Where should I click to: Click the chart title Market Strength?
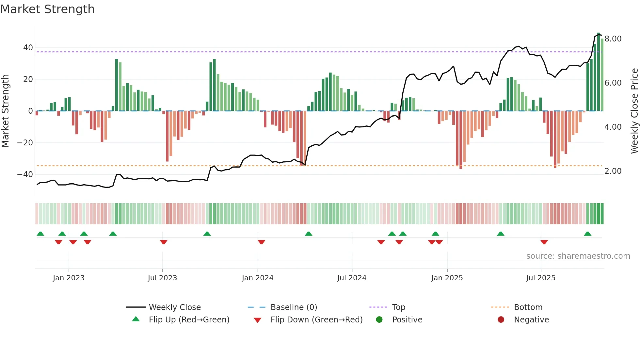[x=47, y=9]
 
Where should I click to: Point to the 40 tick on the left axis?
[x=28, y=48]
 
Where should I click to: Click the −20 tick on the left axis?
[x=25, y=143]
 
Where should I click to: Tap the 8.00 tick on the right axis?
[x=613, y=39]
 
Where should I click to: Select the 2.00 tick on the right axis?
[x=613, y=171]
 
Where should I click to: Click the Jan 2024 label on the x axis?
[x=258, y=278]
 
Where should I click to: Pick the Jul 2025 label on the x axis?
[x=541, y=278]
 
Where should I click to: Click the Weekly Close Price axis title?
[x=634, y=111]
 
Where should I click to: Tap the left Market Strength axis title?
[x=5, y=111]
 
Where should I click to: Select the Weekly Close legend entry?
[x=175, y=307]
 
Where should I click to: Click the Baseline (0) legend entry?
[x=294, y=307]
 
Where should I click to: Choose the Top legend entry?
[x=399, y=307]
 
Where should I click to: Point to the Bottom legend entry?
[x=528, y=307]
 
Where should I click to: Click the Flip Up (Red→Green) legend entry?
[x=189, y=320]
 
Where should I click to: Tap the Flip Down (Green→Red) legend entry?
[x=316, y=320]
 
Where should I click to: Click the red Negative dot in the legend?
[x=501, y=320]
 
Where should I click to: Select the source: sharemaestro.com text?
[x=578, y=256]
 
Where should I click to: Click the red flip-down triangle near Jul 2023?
[x=164, y=242]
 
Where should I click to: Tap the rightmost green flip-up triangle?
[x=587, y=234]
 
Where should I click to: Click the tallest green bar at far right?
[x=599, y=72]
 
